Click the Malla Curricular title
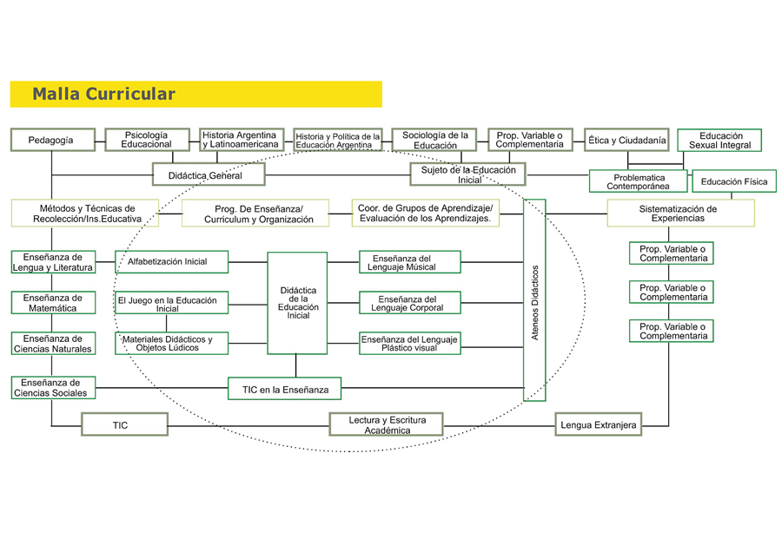(103, 95)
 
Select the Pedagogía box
(52, 140)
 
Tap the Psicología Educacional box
(147, 140)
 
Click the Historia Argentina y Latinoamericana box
(242, 140)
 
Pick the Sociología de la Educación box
(434, 140)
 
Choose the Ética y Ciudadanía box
(626, 140)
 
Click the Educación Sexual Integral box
(719, 141)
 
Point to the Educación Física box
(733, 181)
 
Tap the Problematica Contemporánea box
(638, 181)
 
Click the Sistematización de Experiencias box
(680, 214)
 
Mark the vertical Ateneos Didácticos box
(534, 300)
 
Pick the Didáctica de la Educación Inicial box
(297, 303)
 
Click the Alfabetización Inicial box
(171, 261)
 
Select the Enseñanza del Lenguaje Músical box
(410, 262)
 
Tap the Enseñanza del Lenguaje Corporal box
(410, 303)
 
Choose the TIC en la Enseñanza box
(285, 389)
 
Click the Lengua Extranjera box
(599, 424)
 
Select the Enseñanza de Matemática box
(52, 303)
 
